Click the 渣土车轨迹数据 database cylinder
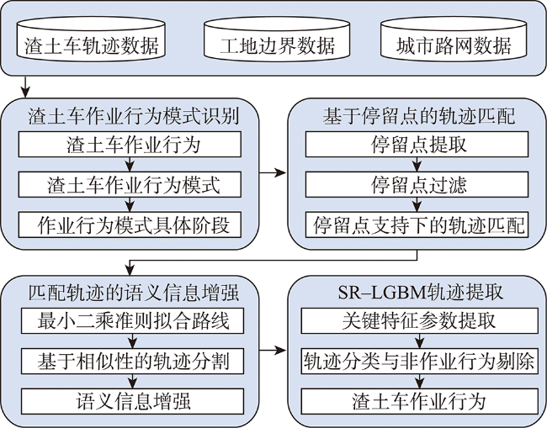91,38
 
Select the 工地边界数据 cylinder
277,38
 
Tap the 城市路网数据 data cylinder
454,38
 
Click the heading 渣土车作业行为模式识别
134,116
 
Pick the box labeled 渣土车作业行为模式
130,184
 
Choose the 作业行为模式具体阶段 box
130,225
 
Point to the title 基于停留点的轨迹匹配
418,116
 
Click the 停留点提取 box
417,144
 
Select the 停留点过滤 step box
417,184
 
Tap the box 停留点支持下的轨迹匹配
417,225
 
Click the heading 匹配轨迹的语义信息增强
134,293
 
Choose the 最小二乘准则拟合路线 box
133,320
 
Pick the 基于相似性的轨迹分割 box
133,361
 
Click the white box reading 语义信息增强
133,401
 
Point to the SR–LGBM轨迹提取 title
421,293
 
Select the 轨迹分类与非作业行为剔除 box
420,361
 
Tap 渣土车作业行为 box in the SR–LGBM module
420,401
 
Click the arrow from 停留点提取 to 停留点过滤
417,164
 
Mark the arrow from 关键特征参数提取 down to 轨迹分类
420,341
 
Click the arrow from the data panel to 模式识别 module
25,87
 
